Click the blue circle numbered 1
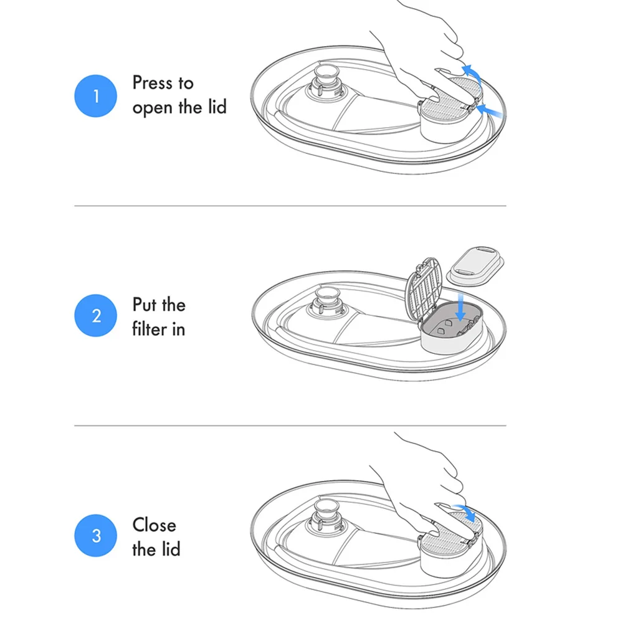(x=96, y=96)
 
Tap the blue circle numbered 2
(x=96, y=315)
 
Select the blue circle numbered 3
(x=96, y=535)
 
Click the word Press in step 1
(x=154, y=83)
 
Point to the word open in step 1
(x=153, y=108)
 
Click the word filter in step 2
(x=150, y=329)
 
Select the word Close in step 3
(x=154, y=525)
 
